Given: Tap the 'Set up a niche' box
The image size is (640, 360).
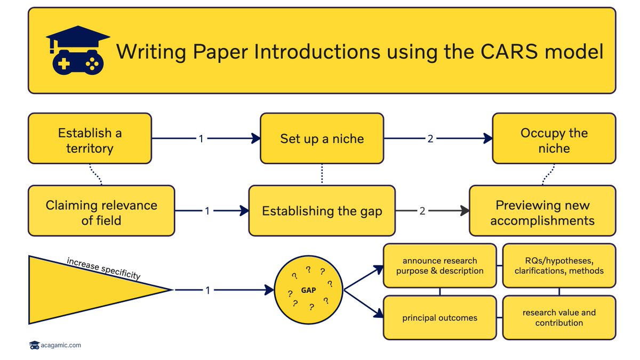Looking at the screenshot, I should (322, 139).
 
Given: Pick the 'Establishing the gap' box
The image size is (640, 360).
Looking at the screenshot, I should (322, 211).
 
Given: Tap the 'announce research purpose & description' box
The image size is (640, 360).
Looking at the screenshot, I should (439, 266).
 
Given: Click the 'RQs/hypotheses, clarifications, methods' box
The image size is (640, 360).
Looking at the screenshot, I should (559, 266).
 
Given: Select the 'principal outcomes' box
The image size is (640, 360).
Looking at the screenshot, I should (439, 318).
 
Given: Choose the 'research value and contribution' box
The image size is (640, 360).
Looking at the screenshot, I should (559, 318).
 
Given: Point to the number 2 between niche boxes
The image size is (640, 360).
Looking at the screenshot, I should (431, 139).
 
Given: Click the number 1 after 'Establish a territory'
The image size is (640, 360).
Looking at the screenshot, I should (201, 139).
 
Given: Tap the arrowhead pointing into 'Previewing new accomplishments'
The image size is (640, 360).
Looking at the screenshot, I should (464, 211).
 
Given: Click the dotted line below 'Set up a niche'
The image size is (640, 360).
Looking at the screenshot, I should (322, 174).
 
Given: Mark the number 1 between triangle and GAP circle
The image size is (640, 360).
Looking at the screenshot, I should (208, 290).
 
